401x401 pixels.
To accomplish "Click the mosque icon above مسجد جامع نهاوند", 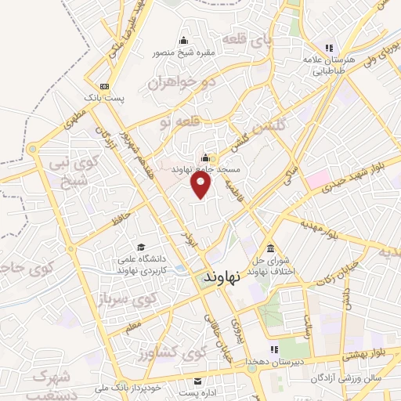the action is (x=206, y=156).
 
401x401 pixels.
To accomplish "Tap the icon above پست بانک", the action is (x=105, y=86).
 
